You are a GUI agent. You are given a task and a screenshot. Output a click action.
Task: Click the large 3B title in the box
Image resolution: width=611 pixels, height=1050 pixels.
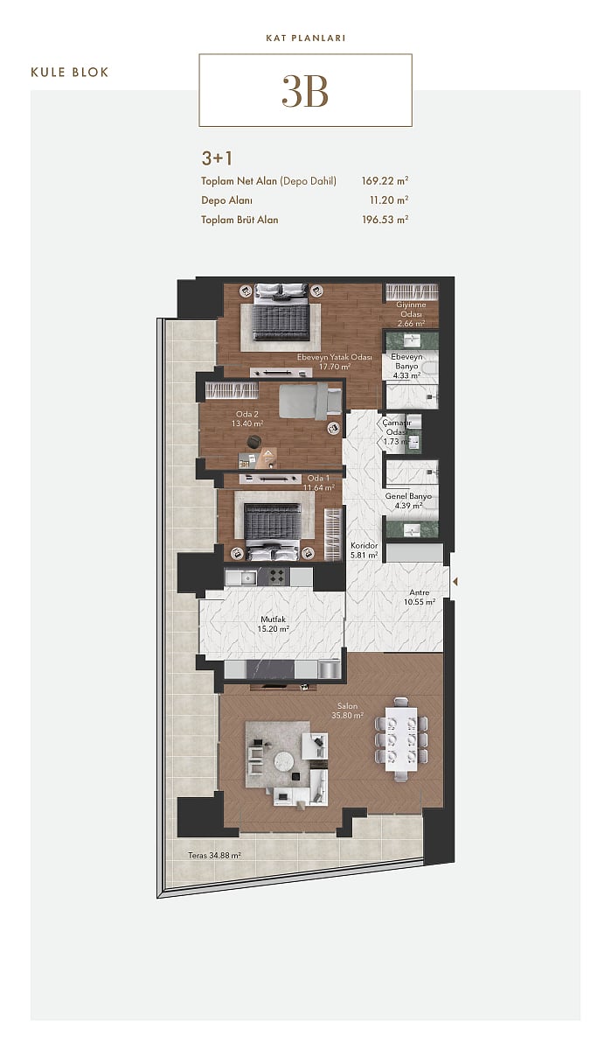pos(305,91)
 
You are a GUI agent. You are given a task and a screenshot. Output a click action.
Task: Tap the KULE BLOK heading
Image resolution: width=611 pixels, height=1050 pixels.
pos(70,72)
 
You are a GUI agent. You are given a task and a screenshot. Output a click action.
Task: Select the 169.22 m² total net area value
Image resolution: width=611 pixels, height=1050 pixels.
pos(385,180)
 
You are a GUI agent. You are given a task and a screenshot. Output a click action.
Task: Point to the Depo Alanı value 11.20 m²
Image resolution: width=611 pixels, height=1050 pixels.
pos(389,200)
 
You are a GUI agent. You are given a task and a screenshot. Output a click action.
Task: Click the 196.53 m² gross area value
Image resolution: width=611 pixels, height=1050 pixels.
pos(385,220)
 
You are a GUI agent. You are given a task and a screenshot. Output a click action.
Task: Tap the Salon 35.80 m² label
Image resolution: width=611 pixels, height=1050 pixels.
pos(347,710)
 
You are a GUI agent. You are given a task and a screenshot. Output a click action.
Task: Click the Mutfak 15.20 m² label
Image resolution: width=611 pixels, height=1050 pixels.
pos(273,624)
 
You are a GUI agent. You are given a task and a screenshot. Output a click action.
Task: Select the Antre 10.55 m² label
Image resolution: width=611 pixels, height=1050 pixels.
pos(420,597)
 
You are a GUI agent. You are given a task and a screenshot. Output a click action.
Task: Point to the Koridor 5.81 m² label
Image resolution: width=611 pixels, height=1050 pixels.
pos(365,550)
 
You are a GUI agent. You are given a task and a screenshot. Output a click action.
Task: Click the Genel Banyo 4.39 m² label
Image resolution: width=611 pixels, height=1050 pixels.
pos(408,500)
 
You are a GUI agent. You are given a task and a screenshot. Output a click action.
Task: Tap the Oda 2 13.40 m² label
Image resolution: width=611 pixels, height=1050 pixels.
pos(247,419)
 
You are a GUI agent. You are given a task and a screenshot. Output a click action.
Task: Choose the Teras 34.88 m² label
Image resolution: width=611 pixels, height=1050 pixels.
pos(214,856)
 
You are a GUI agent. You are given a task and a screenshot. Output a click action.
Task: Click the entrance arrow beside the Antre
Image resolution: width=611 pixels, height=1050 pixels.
pos(455,582)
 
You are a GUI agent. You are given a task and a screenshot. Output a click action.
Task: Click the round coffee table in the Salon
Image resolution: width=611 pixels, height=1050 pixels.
pos(284,760)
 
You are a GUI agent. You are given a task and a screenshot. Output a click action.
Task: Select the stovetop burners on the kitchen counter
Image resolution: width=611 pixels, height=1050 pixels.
pos(274,577)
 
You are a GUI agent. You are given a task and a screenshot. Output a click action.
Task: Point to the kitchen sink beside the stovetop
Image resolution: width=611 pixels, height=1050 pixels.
pos(241,577)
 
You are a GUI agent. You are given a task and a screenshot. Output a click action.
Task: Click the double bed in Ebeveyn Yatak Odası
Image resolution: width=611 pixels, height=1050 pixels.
pos(281,312)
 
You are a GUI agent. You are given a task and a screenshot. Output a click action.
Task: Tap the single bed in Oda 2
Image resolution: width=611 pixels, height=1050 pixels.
pos(310,402)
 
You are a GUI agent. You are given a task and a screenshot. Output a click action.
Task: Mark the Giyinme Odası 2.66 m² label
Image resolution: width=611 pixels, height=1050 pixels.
pos(411,313)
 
